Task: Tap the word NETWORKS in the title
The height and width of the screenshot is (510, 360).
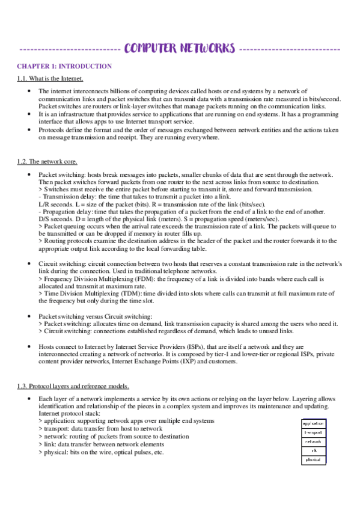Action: coord(203,48)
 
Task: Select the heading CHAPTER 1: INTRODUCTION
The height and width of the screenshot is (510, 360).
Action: coord(64,66)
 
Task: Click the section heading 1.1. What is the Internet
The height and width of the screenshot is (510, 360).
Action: coord(50,79)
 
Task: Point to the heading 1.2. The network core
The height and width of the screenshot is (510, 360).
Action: coord(47,161)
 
